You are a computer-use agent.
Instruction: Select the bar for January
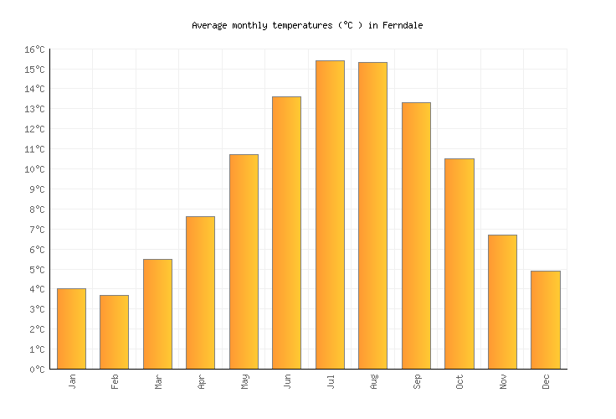71,328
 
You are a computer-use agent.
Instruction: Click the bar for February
114,332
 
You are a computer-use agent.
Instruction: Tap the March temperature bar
157,314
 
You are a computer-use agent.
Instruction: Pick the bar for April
200,292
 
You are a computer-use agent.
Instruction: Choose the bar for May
244,261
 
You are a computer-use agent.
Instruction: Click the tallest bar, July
330,215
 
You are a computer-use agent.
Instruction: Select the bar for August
372,215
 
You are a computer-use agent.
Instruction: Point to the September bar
416,235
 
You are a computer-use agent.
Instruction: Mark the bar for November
502,302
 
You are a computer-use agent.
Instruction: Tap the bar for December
545,320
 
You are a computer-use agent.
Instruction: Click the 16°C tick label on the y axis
34,49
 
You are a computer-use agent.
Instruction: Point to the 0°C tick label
37,370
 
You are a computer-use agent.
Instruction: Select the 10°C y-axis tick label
34,169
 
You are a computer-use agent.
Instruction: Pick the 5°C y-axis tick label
37,270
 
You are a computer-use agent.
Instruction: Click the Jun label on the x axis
287,381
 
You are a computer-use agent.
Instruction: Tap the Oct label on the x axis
459,381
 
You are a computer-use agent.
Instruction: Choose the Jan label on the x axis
72,381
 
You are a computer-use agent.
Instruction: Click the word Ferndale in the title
403,25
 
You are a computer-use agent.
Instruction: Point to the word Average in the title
209,25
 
